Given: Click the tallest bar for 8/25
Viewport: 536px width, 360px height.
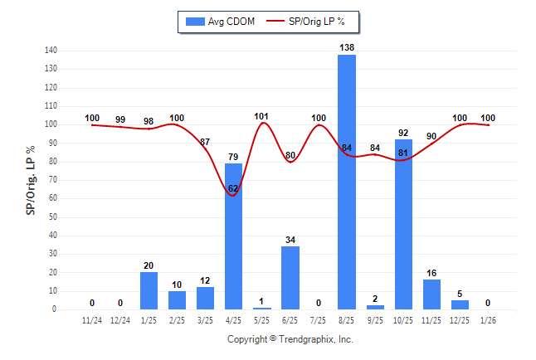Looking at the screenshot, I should (x=347, y=182).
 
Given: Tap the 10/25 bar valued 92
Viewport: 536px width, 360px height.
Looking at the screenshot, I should (x=403, y=224).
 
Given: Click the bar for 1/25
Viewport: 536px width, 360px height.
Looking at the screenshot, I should (x=149, y=290).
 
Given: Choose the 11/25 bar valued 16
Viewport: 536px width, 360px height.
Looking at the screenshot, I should (x=431, y=294).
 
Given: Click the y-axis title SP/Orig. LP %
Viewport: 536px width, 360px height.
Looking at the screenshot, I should (x=31, y=180).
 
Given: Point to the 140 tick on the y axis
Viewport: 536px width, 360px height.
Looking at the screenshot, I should (x=51, y=51).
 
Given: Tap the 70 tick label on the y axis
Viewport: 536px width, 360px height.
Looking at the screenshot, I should (x=52, y=180).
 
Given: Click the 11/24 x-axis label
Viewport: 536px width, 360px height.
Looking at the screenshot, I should (x=92, y=319).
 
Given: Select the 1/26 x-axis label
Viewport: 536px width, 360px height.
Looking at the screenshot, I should (x=488, y=319).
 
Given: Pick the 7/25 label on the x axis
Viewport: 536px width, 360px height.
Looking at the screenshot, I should (x=319, y=319).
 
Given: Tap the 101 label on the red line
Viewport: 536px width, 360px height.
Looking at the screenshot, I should (x=262, y=115).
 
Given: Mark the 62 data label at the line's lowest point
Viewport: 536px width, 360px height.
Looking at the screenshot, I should (x=233, y=188).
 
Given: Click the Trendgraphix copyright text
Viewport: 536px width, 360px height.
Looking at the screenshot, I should (x=290, y=339).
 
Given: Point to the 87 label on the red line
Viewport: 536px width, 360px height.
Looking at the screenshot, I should (x=205, y=143).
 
